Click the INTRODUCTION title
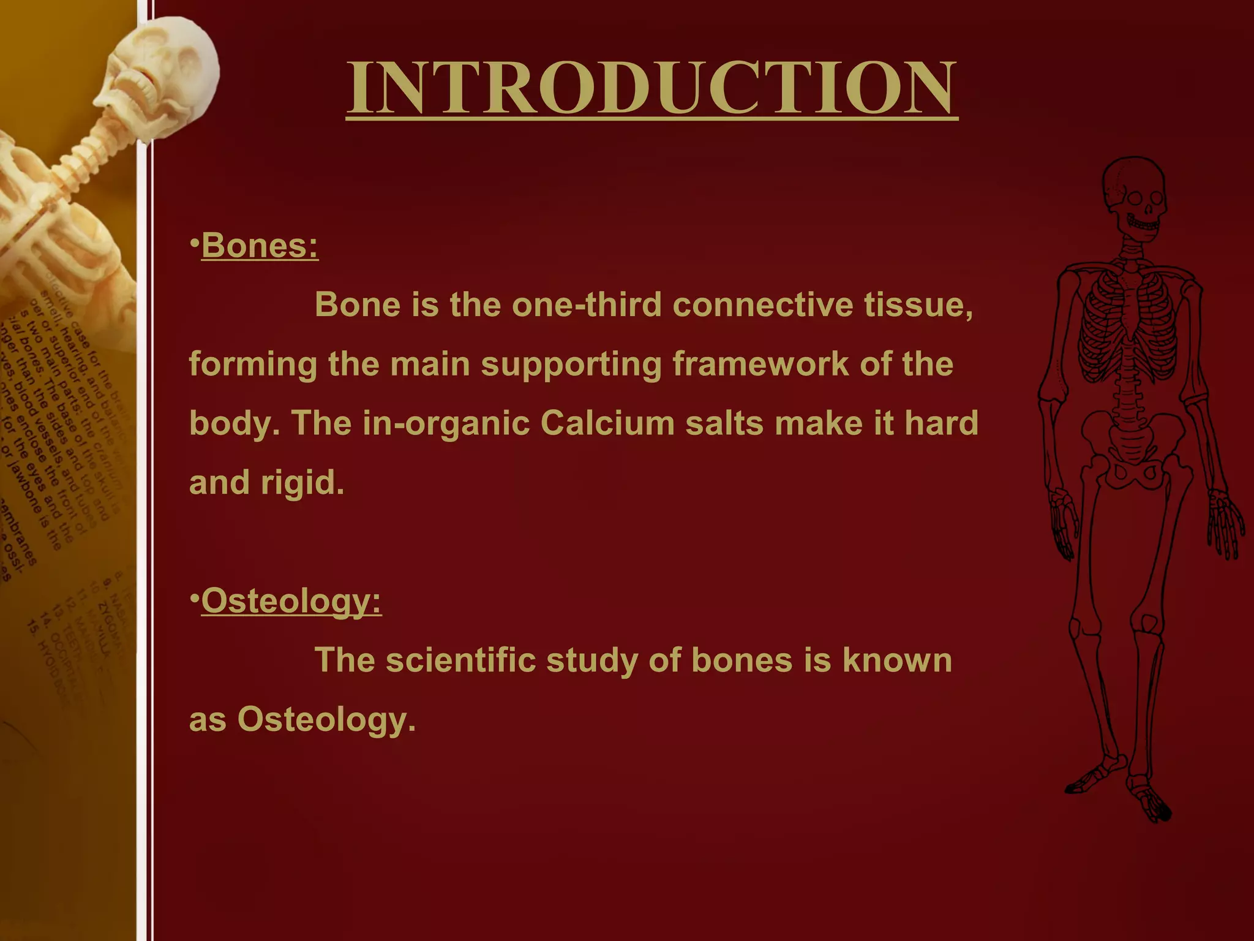coord(651,88)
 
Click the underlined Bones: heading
coord(260,246)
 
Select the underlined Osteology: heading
coord(291,601)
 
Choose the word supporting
coord(571,364)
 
